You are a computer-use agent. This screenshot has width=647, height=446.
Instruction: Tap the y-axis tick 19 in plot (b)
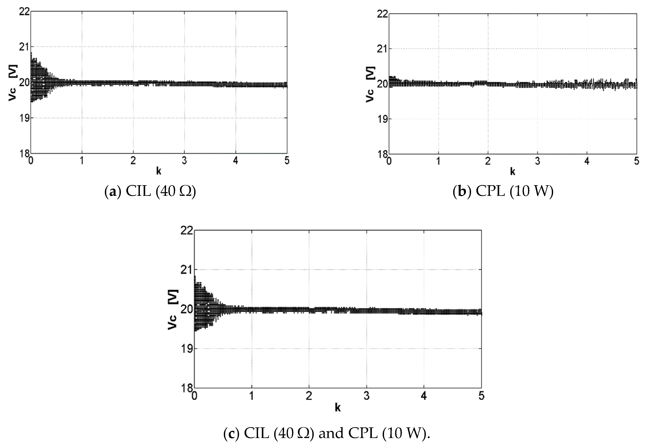click(382, 119)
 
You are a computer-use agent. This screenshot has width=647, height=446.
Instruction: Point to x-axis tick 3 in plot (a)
click(184, 161)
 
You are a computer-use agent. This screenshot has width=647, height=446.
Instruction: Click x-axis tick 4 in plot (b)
click(587, 161)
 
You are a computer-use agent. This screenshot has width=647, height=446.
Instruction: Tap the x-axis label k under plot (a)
click(158, 171)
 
